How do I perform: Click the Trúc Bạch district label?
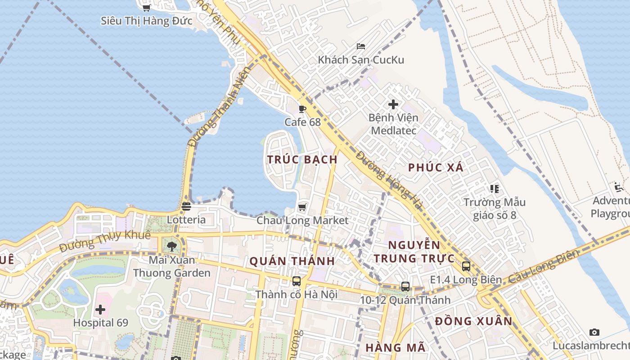(302, 159)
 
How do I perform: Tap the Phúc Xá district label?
(436, 167)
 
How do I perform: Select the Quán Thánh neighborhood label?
(292, 261)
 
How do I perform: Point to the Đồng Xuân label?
(474, 321)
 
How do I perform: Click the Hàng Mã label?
(395, 347)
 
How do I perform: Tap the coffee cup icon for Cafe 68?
(302, 109)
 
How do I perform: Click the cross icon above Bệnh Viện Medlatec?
(393, 104)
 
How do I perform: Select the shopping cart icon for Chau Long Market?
(302, 207)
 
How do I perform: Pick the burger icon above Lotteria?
(186, 207)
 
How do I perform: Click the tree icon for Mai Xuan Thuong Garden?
(171, 246)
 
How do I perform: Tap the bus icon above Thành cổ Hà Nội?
(296, 281)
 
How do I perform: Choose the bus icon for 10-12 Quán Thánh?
(405, 287)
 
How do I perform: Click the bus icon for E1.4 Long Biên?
(466, 266)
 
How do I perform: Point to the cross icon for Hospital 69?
(100, 310)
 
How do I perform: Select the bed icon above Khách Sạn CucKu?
(361, 46)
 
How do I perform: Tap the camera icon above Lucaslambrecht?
(594, 333)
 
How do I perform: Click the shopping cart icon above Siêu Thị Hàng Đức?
(146, 8)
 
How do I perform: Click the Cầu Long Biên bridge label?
(543, 266)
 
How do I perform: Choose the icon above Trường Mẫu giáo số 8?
(495, 189)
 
